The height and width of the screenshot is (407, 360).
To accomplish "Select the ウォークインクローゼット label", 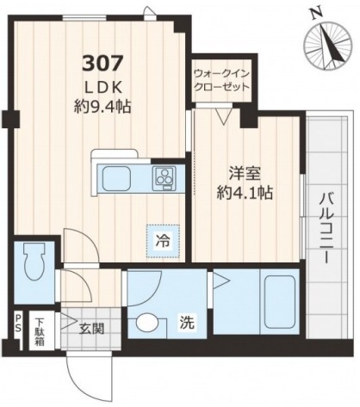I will point(221,80).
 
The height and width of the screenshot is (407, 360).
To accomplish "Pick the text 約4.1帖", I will point(245,194).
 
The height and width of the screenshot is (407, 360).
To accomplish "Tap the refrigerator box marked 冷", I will point(163,242).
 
